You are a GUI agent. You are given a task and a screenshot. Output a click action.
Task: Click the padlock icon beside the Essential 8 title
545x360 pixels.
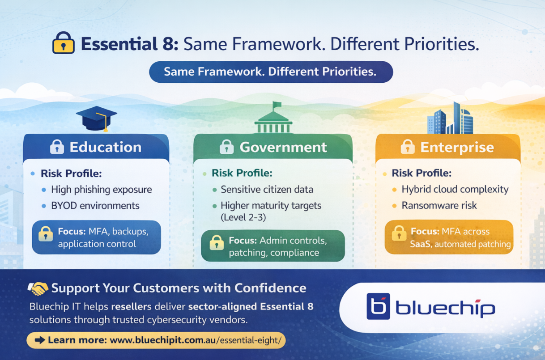[x=64, y=43]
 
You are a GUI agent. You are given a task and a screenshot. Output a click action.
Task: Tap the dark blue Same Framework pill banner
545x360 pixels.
[x=271, y=72]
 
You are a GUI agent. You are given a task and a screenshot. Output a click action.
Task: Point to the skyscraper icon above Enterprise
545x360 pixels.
[x=450, y=119]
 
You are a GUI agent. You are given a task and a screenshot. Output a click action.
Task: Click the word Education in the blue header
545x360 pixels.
[x=105, y=147]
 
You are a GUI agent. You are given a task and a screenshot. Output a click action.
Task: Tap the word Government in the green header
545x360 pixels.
[x=283, y=147]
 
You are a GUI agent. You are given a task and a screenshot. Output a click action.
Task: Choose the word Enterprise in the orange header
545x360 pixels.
[x=457, y=147]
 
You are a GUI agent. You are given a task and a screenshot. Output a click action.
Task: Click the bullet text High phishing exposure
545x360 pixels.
[x=101, y=190]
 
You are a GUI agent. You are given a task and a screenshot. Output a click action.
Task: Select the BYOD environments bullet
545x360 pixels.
[x=95, y=206]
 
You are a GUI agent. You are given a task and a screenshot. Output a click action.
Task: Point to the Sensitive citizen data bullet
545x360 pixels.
[x=267, y=190]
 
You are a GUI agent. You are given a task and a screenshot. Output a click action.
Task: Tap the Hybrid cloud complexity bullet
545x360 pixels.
[x=455, y=189]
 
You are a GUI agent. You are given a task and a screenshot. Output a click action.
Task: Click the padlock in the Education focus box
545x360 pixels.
[x=45, y=234]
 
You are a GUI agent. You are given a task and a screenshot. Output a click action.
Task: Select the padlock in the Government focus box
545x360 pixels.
[x=217, y=242]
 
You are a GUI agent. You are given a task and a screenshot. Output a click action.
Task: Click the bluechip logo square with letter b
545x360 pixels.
[x=378, y=307]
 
